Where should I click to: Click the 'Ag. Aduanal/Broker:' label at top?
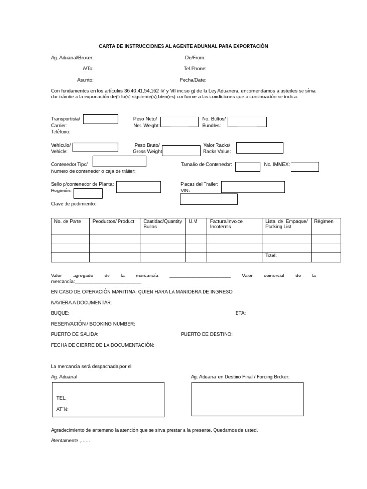click(x=76, y=57)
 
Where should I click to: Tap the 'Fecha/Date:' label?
click(x=193, y=80)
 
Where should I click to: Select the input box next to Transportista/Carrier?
click(x=100, y=119)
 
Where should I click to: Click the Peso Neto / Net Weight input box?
click(x=179, y=122)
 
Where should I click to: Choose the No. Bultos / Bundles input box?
click(x=247, y=122)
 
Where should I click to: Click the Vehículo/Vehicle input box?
click(x=95, y=148)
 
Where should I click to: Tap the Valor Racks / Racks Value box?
click(x=259, y=148)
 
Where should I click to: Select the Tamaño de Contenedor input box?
click(x=248, y=167)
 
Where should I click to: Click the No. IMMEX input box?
click(x=304, y=167)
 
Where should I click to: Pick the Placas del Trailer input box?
click(x=253, y=187)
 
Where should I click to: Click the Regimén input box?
click(x=87, y=193)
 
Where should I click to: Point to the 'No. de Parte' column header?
click(x=68, y=222)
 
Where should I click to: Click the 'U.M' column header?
click(x=193, y=222)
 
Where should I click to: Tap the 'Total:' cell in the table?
click(x=271, y=255)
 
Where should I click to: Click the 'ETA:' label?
click(x=240, y=313)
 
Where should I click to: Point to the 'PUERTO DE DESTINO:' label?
click(x=206, y=334)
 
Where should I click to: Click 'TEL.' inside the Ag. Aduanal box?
click(x=62, y=398)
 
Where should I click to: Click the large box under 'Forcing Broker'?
click(x=247, y=399)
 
